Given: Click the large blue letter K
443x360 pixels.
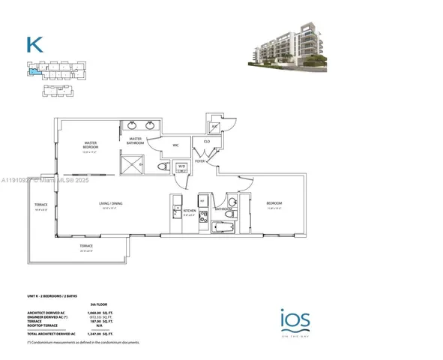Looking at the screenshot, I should (34, 44).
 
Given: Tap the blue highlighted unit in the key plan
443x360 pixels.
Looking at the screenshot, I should (31, 73).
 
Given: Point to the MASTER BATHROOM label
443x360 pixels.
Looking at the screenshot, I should (136, 140).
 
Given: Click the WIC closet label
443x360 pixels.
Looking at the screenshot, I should (175, 145).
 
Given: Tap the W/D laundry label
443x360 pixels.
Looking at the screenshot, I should (181, 166).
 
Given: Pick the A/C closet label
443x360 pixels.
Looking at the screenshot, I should (214, 127).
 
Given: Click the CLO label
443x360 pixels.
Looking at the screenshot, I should (206, 141).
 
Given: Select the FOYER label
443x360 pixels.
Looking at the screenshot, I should (200, 160).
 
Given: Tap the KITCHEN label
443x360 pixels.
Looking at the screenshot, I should (189, 212).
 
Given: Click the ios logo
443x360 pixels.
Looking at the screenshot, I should (290, 320).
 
